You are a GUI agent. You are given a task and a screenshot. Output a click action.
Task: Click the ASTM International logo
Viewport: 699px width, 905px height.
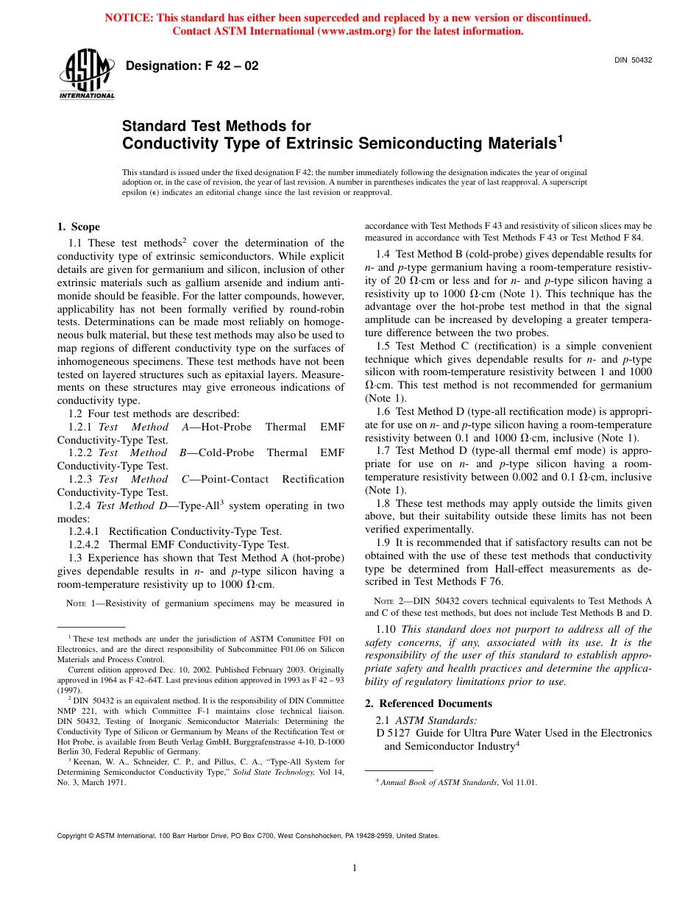[86, 76]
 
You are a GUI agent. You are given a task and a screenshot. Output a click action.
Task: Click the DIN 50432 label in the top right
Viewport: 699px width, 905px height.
[633, 60]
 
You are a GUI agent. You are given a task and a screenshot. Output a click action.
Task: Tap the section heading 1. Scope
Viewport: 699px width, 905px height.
[79, 227]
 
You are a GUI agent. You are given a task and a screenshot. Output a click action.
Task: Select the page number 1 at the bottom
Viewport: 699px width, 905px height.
[355, 868]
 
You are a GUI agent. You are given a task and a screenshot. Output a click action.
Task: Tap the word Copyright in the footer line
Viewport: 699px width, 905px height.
[74, 836]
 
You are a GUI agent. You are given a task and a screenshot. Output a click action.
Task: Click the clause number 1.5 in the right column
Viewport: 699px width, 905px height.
[383, 346]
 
